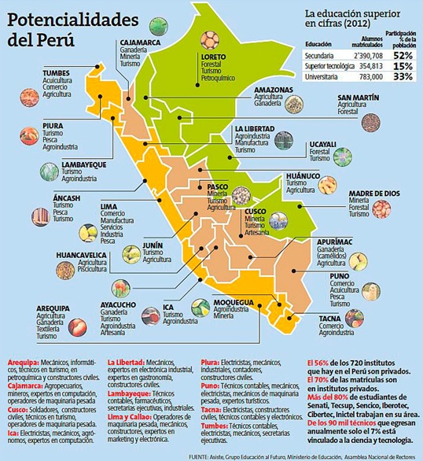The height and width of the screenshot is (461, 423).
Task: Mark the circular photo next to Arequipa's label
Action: click(x=77, y=326)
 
